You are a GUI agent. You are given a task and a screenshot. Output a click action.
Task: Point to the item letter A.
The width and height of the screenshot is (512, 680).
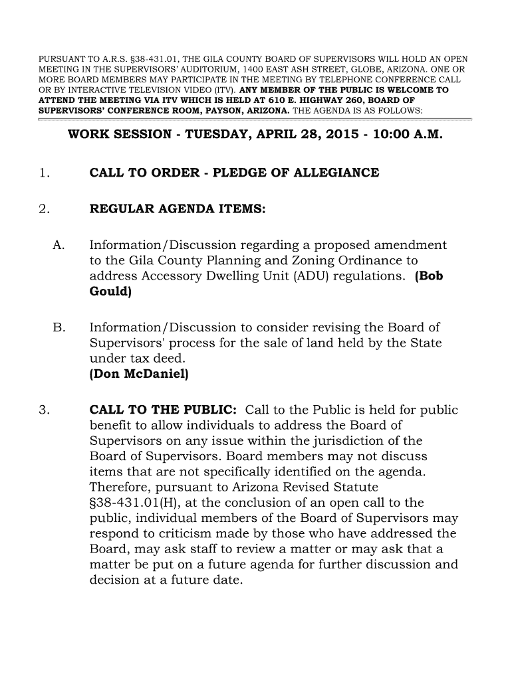pyautogui.click(x=57, y=246)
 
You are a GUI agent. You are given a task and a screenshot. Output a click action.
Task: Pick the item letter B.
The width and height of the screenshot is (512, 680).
pyautogui.click(x=57, y=327)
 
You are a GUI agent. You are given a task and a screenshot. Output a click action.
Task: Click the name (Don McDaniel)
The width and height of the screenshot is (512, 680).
pyautogui.click(x=139, y=374)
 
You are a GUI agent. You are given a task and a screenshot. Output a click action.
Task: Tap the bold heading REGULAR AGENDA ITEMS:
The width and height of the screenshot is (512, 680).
pyautogui.click(x=178, y=210)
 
